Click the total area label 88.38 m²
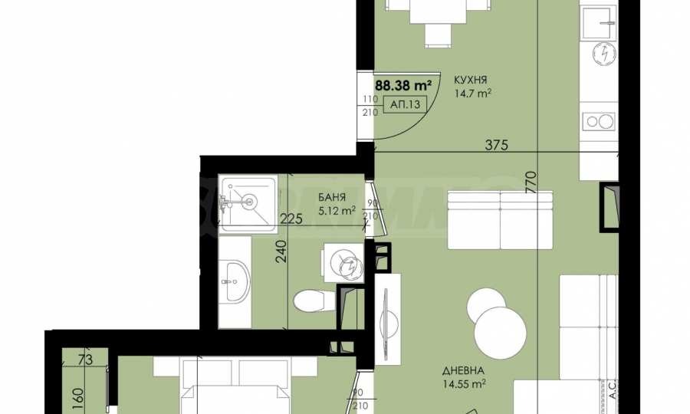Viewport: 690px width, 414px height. click(x=402, y=85)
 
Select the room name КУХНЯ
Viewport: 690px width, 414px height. click(x=471, y=80)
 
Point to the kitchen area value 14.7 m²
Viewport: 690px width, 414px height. click(x=472, y=94)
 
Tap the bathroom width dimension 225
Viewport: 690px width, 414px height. click(x=291, y=219)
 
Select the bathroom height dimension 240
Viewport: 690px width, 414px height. click(x=281, y=253)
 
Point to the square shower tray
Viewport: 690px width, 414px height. click(x=247, y=203)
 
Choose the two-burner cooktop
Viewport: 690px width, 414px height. click(x=598, y=120)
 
